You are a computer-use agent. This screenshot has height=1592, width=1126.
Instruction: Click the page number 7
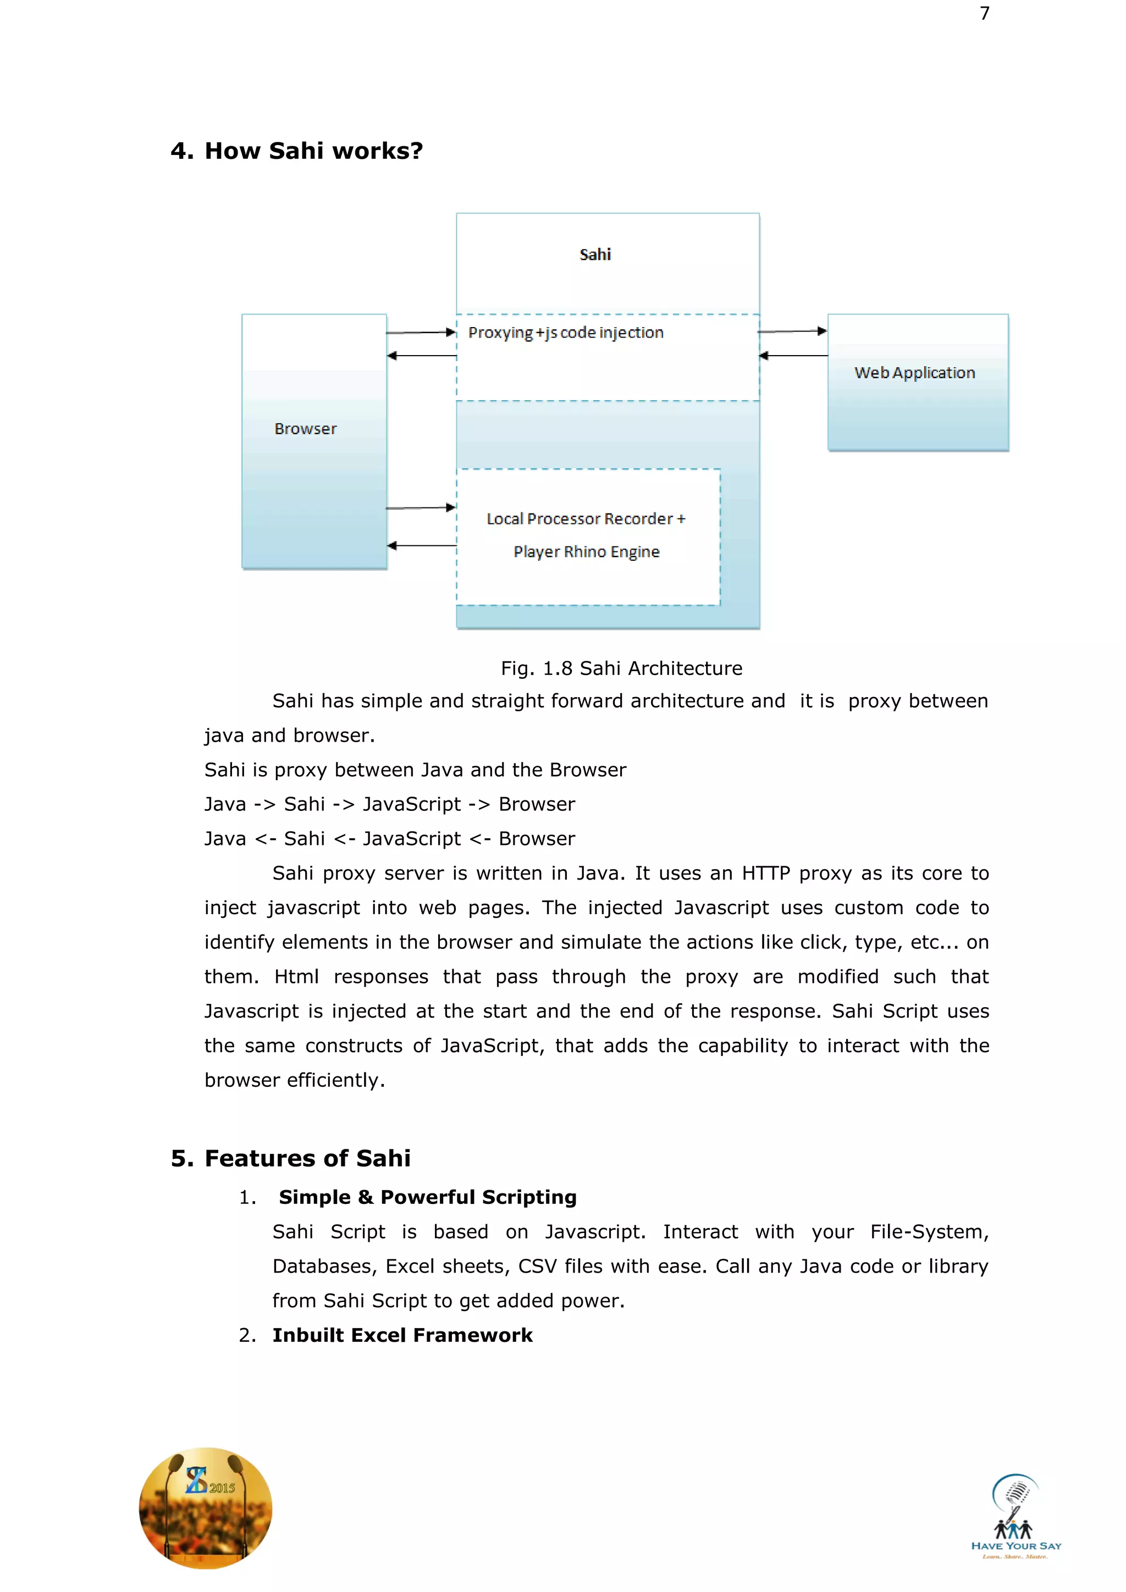[985, 13]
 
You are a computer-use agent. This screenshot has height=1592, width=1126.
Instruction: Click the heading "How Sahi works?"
[313, 151]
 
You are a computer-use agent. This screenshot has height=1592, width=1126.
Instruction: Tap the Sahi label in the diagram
[595, 255]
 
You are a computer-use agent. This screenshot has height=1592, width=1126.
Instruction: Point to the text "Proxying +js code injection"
[566, 333]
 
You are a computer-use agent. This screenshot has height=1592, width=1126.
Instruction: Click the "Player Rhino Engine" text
[587, 552]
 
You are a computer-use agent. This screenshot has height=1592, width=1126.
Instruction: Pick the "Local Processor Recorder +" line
[586, 518]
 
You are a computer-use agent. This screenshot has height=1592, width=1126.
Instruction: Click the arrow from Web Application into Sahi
[794, 356]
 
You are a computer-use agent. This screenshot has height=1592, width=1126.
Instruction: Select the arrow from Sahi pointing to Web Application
[792, 331]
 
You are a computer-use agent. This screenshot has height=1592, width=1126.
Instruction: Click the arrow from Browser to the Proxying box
[421, 333]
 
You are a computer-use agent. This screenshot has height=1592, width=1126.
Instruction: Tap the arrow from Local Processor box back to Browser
[422, 546]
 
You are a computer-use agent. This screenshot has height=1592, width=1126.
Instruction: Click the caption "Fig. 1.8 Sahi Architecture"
[621, 668]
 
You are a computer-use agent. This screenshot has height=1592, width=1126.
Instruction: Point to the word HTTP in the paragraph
[765, 873]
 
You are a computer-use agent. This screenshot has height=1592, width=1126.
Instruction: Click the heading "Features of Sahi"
[307, 1158]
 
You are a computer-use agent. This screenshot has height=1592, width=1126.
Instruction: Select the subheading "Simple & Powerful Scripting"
[427, 1197]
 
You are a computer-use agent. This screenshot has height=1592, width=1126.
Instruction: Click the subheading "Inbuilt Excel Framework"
[402, 1335]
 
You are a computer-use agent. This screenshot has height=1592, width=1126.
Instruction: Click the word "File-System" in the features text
[929, 1231]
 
